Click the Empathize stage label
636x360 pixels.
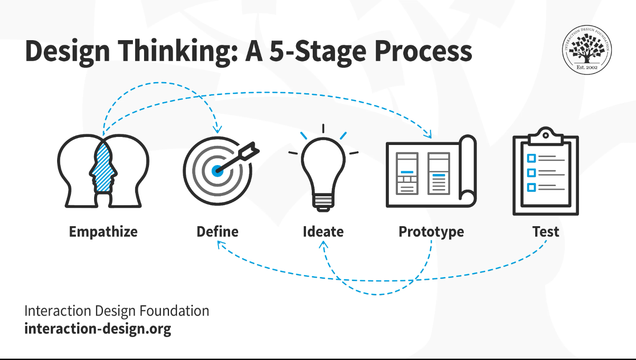pyautogui.click(x=103, y=232)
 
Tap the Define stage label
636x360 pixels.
pyautogui.click(x=217, y=232)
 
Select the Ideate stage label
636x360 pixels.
pyautogui.click(x=323, y=232)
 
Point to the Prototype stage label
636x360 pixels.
pyautogui.click(x=431, y=232)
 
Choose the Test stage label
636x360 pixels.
pyautogui.click(x=545, y=232)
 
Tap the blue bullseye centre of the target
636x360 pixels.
pyautogui.click(x=217, y=170)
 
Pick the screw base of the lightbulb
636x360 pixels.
pyautogui.click(x=323, y=202)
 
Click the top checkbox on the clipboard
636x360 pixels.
pyautogui.click(x=531, y=158)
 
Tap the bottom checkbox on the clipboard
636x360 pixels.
pyautogui.click(x=531, y=187)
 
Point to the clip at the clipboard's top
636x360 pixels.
pyautogui.click(x=545, y=137)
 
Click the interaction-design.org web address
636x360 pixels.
pyautogui.click(x=97, y=329)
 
